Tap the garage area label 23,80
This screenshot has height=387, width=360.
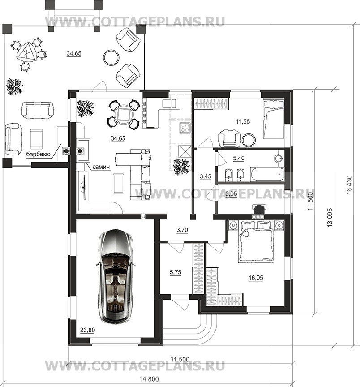point(87,330)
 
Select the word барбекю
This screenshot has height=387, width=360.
point(38,155)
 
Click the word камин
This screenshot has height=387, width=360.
point(101,167)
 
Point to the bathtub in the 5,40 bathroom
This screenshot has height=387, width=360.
point(267,174)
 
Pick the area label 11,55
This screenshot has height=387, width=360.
point(243,122)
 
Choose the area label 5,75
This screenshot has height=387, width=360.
point(176,272)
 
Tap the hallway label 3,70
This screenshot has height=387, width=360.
point(182,230)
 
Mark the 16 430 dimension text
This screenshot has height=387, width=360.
point(349,185)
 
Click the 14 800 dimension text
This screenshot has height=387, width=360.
point(149,379)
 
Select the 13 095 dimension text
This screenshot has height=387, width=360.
point(330,217)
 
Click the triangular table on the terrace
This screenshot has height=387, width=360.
point(26,52)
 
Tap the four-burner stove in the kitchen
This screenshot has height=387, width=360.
point(185,127)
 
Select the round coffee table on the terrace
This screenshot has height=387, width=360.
point(111,57)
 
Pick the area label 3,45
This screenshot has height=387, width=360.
point(205,176)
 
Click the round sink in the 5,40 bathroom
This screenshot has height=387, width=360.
point(279,158)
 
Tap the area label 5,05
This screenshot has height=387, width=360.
point(231,194)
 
